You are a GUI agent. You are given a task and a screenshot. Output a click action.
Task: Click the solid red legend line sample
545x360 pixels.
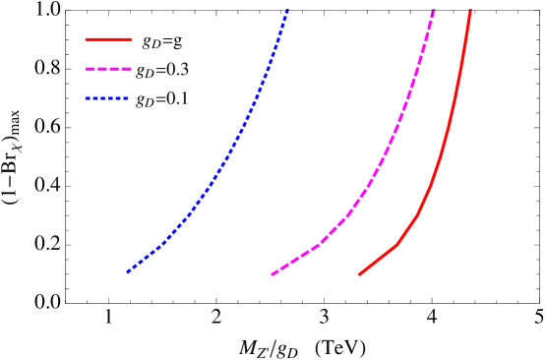coord(108,40)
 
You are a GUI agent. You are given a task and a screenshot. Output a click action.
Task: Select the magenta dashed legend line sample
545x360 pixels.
coord(108,70)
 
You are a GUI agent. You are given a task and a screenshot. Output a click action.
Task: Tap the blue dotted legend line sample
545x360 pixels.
coord(107,98)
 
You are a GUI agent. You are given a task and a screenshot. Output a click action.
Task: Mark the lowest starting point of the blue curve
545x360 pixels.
coord(128,271)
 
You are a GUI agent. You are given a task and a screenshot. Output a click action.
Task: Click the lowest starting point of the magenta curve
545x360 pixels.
coord(272,274)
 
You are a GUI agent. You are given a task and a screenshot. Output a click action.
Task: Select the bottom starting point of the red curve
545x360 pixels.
coord(359,274)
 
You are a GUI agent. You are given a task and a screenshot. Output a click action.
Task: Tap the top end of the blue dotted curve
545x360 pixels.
coord(287,10)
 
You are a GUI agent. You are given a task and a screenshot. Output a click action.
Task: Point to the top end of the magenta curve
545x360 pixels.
coord(434,10)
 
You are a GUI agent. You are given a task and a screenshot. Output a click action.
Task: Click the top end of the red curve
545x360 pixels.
coord(470,10)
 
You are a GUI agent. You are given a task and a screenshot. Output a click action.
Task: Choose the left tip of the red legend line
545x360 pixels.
coord(87,40)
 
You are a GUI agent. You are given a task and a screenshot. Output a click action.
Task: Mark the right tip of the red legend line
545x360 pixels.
coord(131,40)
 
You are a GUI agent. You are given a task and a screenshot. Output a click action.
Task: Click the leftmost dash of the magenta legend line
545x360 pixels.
coord(90,70)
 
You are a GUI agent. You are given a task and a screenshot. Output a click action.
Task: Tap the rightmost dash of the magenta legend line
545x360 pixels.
coord(127,70)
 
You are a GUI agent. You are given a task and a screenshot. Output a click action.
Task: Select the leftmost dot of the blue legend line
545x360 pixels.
coord(87,98)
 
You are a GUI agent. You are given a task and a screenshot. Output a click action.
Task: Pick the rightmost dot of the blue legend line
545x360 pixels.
coord(128,98)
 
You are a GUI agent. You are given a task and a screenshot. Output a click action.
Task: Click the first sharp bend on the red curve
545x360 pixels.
coord(396,245)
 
